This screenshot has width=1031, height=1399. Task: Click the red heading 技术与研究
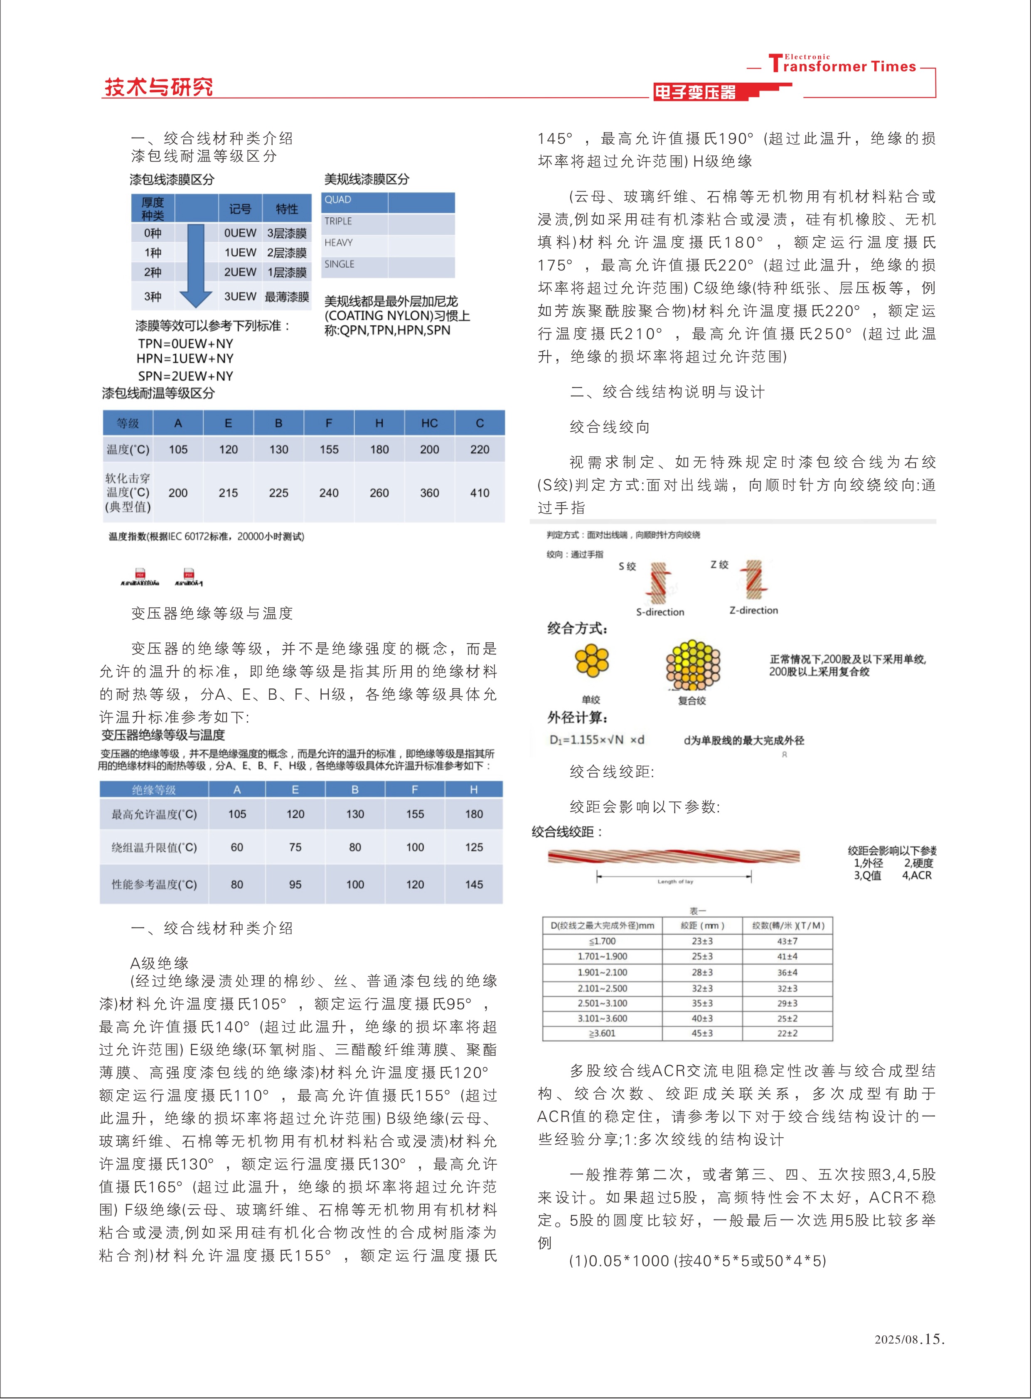pos(158,87)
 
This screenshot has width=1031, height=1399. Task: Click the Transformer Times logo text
pos(842,65)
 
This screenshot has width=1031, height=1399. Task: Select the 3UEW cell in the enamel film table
pos(240,296)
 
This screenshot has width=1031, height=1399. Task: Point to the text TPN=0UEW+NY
pos(185,344)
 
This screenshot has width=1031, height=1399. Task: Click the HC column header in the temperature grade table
pos(429,423)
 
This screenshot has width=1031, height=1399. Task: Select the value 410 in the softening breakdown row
pos(479,493)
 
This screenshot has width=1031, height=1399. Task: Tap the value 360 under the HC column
pos(429,493)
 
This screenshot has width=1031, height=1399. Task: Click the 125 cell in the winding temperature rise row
pos(474,847)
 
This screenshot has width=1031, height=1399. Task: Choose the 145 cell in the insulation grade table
pos(474,885)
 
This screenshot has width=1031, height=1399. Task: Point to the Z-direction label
pos(753,610)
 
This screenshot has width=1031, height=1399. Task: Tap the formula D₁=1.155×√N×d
pos(597,740)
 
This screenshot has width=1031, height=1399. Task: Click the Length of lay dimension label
pos(675,882)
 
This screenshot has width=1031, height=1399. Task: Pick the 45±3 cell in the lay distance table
pos(702,1033)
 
